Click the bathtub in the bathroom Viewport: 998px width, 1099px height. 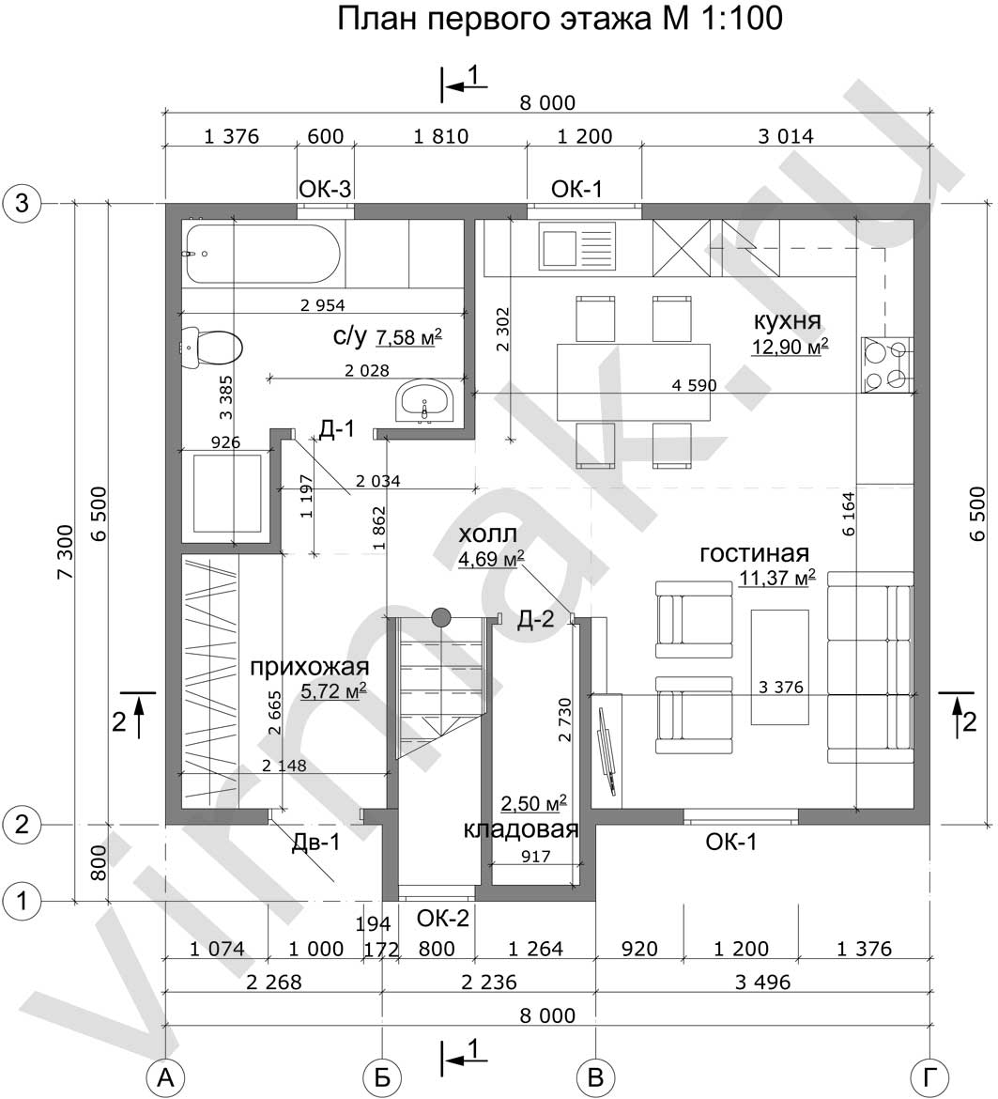point(262,255)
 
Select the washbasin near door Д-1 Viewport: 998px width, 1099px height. point(425,402)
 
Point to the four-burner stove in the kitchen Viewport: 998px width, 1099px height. point(887,364)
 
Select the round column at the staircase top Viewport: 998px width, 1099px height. point(440,617)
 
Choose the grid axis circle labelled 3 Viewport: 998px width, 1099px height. point(22,203)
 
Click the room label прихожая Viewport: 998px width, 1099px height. point(309,667)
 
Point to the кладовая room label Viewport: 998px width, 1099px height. point(521,829)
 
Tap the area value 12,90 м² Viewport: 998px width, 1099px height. point(790,347)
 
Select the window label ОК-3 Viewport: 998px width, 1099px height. point(325,189)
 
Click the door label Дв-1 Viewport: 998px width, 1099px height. point(315,842)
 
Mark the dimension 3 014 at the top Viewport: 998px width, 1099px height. point(786,136)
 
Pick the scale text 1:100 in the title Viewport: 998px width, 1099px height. point(738,19)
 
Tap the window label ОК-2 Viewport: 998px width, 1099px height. point(442,918)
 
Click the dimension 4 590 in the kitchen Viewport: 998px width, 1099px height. point(694,385)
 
